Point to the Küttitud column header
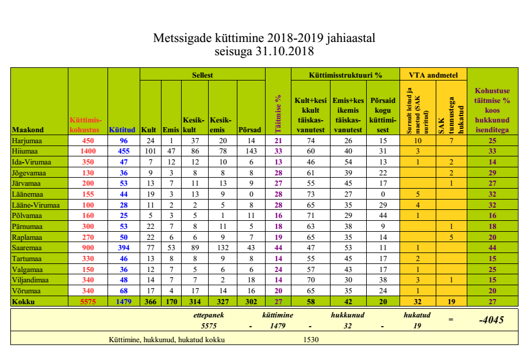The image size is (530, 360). click(x=121, y=129)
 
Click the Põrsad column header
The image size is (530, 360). click(x=249, y=129)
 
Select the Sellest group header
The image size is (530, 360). click(x=202, y=75)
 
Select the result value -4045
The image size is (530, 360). click(x=491, y=320)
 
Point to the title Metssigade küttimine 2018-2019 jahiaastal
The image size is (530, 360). click(x=265, y=39)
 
